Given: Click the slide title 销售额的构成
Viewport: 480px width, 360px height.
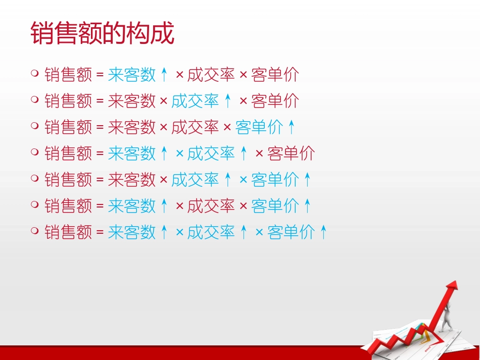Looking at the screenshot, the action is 103,33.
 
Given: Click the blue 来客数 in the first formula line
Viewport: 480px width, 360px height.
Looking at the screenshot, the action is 132,75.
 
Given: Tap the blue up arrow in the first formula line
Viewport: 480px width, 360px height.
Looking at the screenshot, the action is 164,75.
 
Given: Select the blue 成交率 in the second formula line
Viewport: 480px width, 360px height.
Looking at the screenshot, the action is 195,101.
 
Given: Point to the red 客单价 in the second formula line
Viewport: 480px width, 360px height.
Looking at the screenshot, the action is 275,101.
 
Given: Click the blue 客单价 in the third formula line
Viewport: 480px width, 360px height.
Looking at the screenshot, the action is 259,127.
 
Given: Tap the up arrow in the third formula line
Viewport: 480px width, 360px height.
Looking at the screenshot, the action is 292,127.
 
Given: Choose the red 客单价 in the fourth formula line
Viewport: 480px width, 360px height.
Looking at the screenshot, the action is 291,153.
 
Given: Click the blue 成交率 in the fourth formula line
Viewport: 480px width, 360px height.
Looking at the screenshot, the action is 211,153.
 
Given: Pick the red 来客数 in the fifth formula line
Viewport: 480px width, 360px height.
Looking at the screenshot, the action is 132,180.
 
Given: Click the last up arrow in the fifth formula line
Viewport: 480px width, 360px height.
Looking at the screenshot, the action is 308,180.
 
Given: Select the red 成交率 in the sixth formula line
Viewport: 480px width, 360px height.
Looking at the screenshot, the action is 211,206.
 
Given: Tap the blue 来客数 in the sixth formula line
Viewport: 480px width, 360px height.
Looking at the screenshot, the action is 132,206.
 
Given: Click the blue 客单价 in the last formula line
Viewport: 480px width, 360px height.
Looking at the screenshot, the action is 291,232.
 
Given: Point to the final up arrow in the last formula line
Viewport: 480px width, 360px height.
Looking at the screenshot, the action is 323,232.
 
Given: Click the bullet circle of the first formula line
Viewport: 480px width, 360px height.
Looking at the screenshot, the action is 35,73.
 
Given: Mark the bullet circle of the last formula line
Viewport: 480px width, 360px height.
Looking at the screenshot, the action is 35,231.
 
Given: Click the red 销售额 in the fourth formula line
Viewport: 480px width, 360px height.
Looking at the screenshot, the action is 68,153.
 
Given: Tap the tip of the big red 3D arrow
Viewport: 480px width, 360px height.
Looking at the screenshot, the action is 456,281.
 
